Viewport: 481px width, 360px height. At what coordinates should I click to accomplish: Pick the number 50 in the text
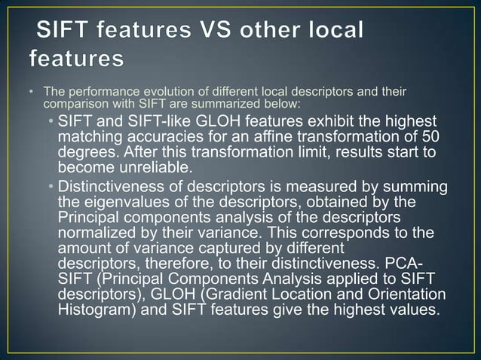point(430,137)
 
